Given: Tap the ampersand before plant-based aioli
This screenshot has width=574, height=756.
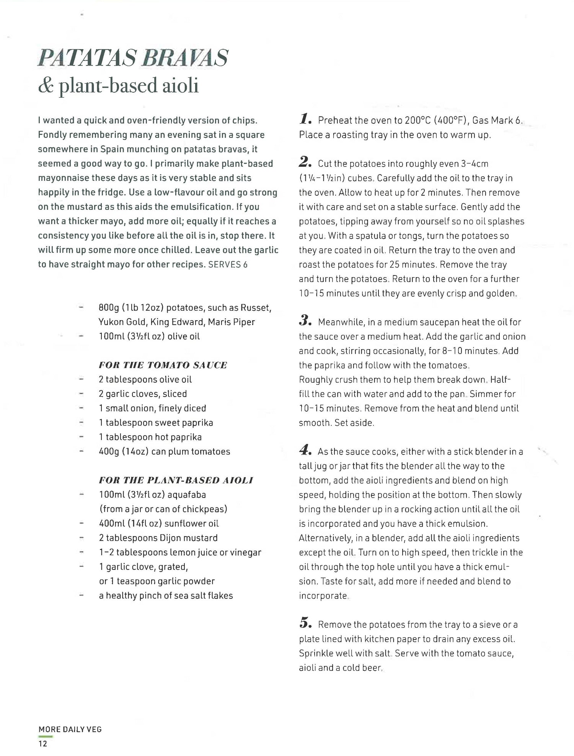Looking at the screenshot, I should (46, 86).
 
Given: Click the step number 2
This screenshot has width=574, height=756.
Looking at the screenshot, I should (306, 163).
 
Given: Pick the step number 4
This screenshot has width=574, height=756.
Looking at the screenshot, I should (306, 451).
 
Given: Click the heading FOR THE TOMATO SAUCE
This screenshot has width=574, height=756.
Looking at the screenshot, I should (163, 365).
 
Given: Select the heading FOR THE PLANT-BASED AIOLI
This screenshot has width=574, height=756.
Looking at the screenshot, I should (176, 480).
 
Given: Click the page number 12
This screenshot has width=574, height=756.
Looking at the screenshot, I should (42, 744).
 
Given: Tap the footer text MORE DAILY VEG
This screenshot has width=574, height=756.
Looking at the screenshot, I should (70, 730).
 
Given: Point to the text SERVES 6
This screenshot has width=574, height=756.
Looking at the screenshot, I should (228, 265).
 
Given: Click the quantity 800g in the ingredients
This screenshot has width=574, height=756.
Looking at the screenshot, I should (109, 308).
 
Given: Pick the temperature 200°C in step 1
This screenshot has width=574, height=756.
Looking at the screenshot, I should (418, 121).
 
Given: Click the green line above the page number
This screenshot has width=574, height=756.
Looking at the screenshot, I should (46, 736).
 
